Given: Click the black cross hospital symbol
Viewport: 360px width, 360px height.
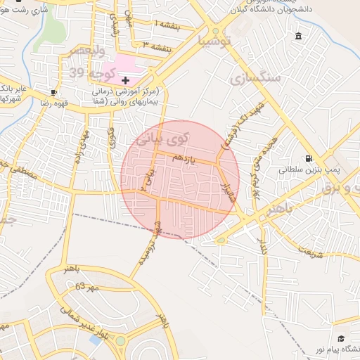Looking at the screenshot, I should click(126, 81).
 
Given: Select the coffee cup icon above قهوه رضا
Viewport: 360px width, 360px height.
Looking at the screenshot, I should click(54, 92).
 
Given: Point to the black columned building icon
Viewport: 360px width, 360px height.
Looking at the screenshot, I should click(299, 36).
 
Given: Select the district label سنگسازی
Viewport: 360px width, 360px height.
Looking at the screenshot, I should click(255, 77).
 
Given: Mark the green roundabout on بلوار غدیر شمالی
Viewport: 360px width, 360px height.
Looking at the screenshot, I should click(120, 342).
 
